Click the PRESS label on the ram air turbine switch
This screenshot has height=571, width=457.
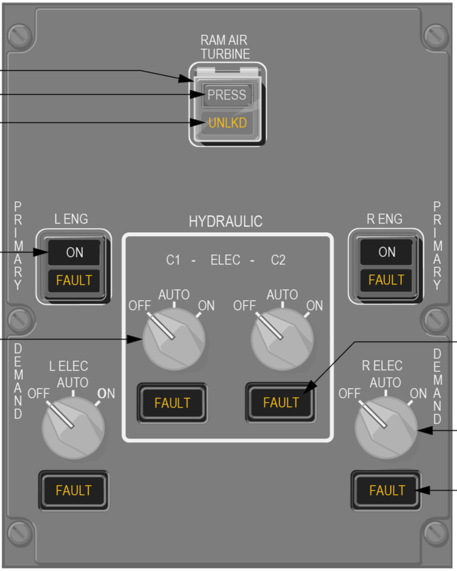(x=227, y=95)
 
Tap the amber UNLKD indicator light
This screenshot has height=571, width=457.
(x=227, y=123)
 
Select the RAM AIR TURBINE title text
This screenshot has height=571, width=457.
(x=224, y=47)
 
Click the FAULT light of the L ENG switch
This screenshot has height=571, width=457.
(x=74, y=280)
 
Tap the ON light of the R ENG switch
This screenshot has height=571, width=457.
(x=386, y=252)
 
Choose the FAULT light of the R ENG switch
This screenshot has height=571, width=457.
(x=386, y=280)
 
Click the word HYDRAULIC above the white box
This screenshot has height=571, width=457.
(x=226, y=221)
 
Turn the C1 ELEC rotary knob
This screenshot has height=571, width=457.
(x=174, y=339)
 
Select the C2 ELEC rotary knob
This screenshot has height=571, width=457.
(x=282, y=339)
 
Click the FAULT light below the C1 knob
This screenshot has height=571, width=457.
(x=172, y=403)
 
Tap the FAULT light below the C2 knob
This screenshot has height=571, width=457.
(x=281, y=403)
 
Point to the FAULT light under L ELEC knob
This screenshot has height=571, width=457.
(x=74, y=490)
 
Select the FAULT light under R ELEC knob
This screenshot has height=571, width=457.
(x=386, y=490)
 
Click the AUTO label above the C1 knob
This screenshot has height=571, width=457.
(x=174, y=294)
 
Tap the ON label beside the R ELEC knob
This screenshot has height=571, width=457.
(x=419, y=394)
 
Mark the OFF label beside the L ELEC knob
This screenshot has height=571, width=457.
(x=38, y=394)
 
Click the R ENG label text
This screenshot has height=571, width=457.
(x=385, y=219)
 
